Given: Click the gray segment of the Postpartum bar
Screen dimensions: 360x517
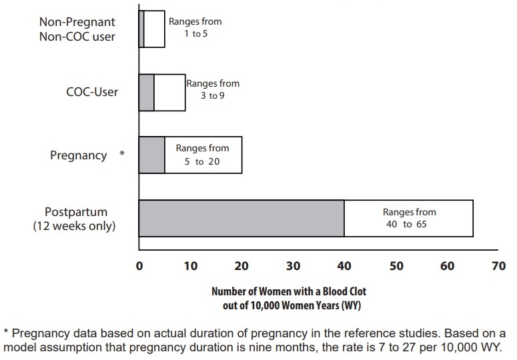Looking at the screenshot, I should click(x=241, y=218).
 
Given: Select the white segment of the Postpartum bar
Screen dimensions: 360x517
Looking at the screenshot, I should click(x=408, y=218).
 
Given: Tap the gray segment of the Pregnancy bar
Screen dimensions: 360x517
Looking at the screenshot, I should click(x=151, y=155).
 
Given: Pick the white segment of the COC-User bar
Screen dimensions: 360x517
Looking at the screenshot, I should click(x=169, y=92).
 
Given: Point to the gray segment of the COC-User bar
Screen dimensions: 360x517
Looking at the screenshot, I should click(x=146, y=92).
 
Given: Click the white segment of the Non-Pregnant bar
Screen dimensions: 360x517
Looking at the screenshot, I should click(x=154, y=29).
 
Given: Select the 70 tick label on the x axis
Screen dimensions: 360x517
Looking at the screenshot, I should click(x=498, y=267).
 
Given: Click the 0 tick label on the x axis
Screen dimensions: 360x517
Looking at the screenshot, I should click(x=139, y=267).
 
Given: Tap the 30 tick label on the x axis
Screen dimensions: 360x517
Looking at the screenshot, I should click(x=293, y=267).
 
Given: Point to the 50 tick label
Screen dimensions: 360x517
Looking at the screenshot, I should click(x=396, y=267).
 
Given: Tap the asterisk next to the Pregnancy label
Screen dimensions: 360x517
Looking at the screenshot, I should click(x=121, y=155).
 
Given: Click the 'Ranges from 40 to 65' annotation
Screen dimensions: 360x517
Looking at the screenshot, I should click(x=409, y=218).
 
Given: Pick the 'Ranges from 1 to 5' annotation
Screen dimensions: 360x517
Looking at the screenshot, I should click(x=195, y=27).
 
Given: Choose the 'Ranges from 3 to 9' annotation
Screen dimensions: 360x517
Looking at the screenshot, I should click(x=212, y=90).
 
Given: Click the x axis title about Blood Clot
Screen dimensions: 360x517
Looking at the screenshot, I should click(x=289, y=299).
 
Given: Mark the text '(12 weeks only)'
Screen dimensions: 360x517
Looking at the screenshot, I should click(x=74, y=226).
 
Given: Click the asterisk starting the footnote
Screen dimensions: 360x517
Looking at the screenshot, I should click(x=6, y=333).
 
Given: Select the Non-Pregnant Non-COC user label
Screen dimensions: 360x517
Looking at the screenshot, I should click(x=77, y=29).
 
